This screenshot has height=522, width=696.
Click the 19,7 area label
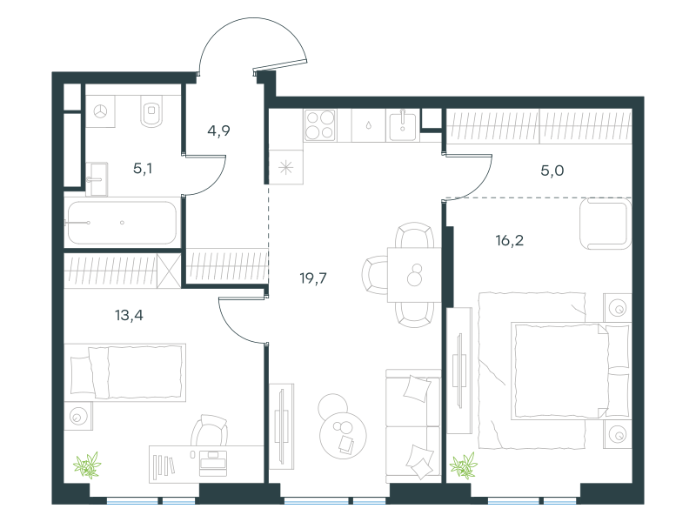click(x=313, y=278)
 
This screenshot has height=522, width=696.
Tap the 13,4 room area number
click(x=129, y=316)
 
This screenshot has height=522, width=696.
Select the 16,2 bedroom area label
click(x=510, y=241)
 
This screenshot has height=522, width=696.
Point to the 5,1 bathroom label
click(x=143, y=169)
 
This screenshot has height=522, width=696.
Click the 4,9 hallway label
click(x=218, y=131)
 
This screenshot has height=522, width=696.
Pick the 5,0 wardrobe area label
click(x=552, y=171)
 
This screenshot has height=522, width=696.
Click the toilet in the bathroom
click(x=151, y=111)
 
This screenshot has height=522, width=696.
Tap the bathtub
click(x=122, y=223)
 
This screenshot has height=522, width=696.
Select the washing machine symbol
click(x=100, y=111)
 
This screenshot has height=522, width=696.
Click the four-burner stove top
click(x=320, y=125)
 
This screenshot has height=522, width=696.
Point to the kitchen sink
click(x=402, y=126)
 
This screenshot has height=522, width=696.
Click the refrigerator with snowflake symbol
click(x=286, y=167)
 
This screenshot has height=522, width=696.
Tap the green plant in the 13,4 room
click(x=88, y=465)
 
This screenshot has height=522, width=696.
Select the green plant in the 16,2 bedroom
click(x=464, y=465)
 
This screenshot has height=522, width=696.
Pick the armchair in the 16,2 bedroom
click(x=606, y=224)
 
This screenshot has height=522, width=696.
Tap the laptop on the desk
click(x=213, y=463)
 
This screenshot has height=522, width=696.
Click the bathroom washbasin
click(x=97, y=179)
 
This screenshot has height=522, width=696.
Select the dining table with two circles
click(x=414, y=275)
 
